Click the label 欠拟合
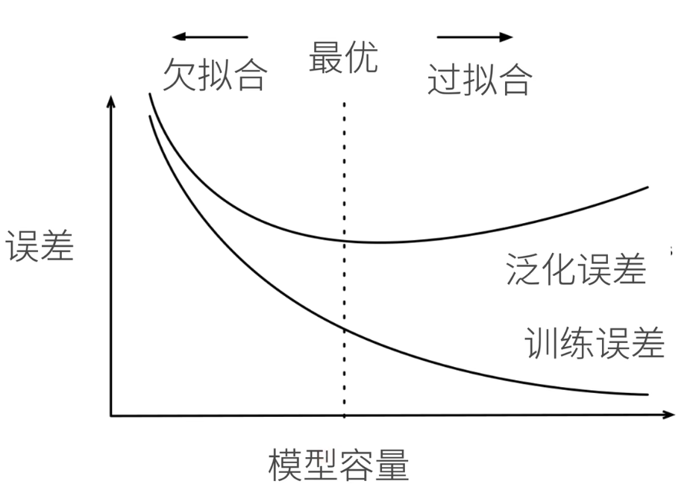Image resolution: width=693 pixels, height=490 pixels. click(214, 75)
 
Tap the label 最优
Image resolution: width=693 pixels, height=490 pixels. click(343, 57)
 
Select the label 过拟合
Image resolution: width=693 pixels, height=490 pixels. click(480, 80)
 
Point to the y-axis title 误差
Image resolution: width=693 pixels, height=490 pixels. click(40, 247)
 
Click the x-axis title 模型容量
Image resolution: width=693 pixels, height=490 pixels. click(339, 465)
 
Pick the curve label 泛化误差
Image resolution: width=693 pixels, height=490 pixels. click(575, 270)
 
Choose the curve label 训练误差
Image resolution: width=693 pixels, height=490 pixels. click(595, 344)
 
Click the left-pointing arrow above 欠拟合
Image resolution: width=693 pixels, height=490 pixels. click(209, 37)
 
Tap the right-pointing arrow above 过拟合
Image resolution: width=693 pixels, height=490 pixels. click(475, 37)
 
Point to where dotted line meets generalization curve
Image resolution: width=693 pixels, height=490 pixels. click(344, 240)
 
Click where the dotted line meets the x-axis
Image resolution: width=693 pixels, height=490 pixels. click(344, 415)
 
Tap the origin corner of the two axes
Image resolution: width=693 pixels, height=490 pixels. click(111, 415)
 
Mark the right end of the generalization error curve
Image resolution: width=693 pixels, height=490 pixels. click(647, 187)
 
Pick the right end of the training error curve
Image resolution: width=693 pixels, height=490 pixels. click(647, 394)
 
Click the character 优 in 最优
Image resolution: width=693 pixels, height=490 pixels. click(361, 57)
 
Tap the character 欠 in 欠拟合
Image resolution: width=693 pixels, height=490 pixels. click(180, 75)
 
